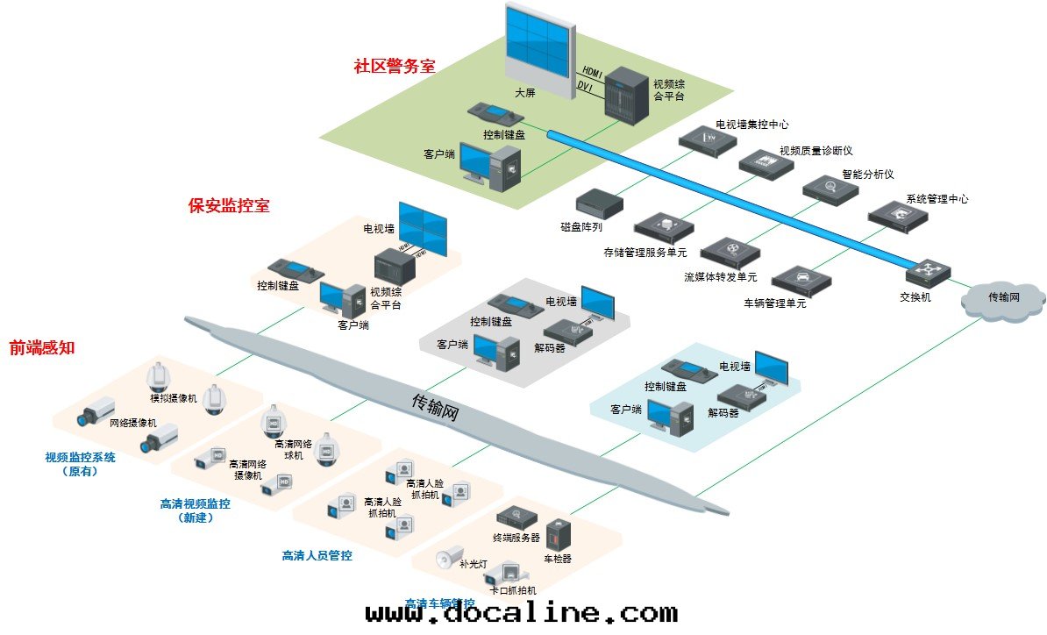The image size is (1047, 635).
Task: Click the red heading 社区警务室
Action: pos(395,67)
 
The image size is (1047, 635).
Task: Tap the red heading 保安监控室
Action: pos(229,206)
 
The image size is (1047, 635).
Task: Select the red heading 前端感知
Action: pos(42,347)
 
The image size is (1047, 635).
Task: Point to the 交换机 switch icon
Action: pos(928,274)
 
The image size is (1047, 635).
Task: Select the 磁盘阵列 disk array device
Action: pos(599,203)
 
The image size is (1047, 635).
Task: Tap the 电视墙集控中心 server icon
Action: pos(706,140)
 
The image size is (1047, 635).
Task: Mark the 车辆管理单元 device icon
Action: pos(801,280)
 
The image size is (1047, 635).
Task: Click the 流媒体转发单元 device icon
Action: pos(730,253)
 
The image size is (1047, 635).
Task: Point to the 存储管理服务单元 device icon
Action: pos(664,228)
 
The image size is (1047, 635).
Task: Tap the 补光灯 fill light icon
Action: pos(449,555)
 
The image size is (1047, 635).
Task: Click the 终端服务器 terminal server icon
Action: pos(516,517)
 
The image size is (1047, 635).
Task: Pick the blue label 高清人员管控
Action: pos(317,555)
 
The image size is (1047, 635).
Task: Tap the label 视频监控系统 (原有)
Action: pos(80,464)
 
